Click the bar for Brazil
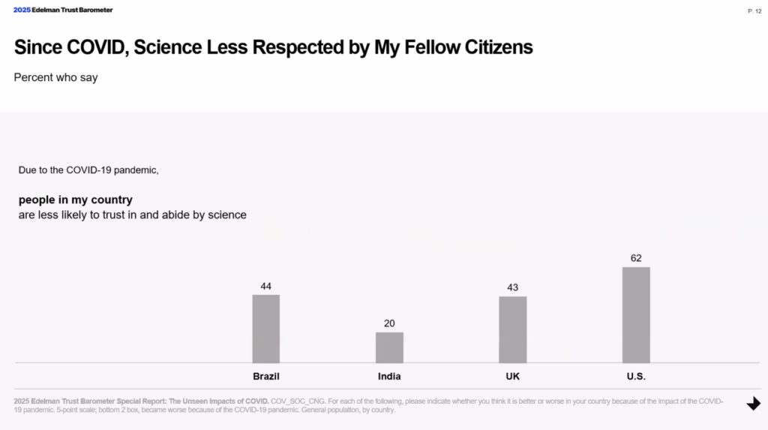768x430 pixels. (x=265, y=329)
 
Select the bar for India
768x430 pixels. (x=389, y=347)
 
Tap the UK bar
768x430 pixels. (x=513, y=329)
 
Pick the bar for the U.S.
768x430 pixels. (x=636, y=315)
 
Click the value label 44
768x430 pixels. (x=266, y=286)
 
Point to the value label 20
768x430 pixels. (x=389, y=323)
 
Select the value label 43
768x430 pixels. (x=513, y=287)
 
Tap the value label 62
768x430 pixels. (x=636, y=258)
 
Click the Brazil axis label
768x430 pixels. (x=266, y=376)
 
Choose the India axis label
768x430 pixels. (x=389, y=376)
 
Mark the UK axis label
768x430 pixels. (x=513, y=376)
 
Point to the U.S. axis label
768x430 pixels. (x=636, y=376)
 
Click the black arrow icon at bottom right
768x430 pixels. (x=753, y=404)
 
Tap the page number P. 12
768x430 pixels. (x=754, y=11)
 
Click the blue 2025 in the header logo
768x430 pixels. (x=22, y=10)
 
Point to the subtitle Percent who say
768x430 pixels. (x=55, y=77)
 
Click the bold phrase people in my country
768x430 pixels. (x=76, y=200)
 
